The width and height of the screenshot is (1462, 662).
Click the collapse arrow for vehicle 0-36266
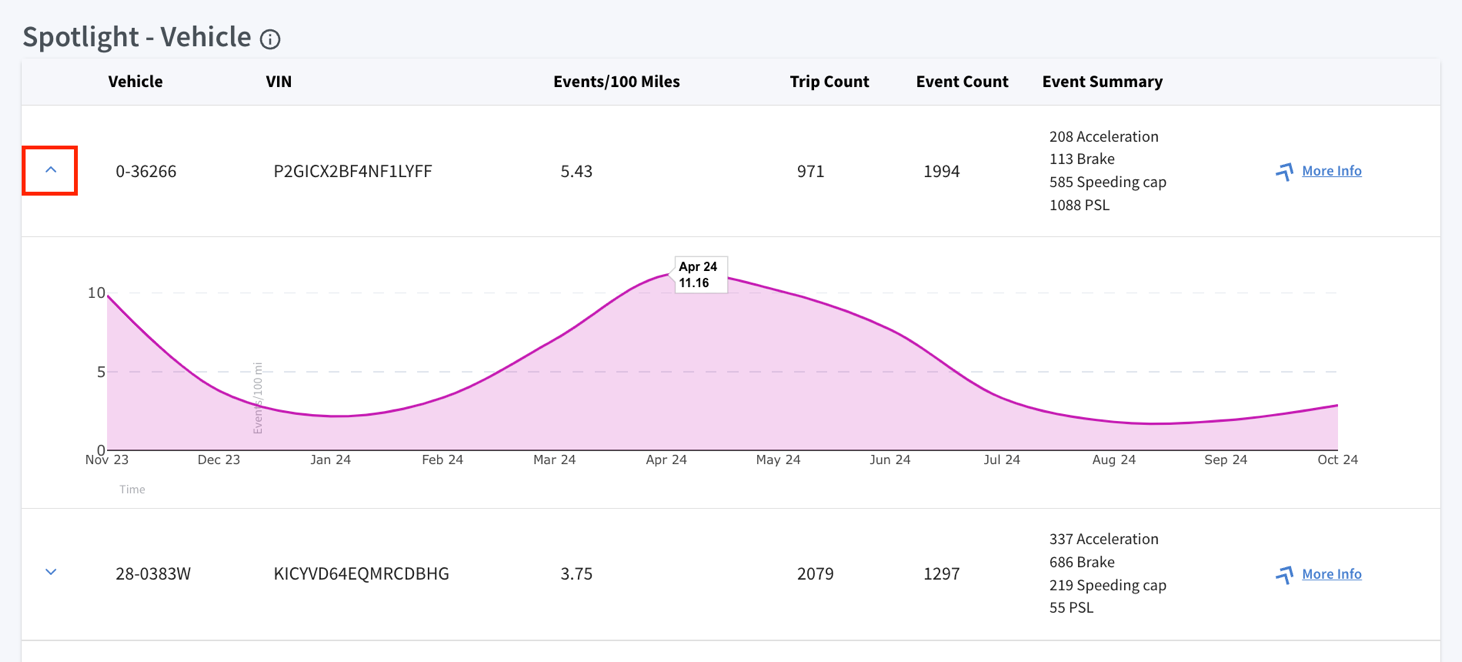coord(51,170)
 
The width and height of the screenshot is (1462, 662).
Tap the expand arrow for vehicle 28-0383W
coord(51,572)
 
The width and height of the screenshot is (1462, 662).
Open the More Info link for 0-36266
coord(1331,170)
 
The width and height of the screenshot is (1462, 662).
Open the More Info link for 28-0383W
coord(1331,573)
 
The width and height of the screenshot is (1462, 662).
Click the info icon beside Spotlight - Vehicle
coord(270,39)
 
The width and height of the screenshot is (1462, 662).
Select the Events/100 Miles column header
coord(617,81)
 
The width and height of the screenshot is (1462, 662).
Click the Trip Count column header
coord(830,81)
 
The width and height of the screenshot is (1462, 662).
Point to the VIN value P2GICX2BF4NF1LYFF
coord(352,171)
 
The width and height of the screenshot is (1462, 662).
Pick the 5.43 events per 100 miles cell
coord(576,171)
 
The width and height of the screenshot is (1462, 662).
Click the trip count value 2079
coord(815,574)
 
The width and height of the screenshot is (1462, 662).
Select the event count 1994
coord(941,171)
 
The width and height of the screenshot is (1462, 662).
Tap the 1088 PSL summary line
coord(1080,205)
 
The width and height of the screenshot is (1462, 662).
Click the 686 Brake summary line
coord(1082,562)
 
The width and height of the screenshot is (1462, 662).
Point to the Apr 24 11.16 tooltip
coord(700,275)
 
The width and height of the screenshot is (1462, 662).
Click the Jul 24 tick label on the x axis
coord(1002,460)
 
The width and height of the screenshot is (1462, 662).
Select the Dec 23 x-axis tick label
coord(219,460)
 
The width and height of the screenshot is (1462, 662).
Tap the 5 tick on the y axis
coord(101,372)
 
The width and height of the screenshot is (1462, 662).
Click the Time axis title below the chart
coord(132,489)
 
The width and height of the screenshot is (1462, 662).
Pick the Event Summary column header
coord(1102,81)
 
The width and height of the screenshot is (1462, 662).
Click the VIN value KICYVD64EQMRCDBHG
coord(361,574)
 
